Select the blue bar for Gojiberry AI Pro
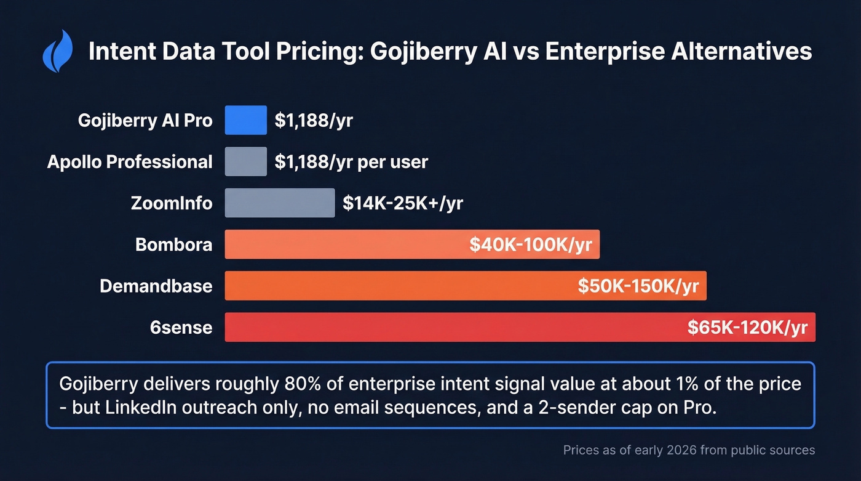tap(245, 120)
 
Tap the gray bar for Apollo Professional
tap(245, 161)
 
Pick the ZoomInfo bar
tap(280, 203)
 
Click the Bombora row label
tap(173, 245)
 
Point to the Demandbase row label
tap(156, 286)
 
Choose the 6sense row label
tap(181, 327)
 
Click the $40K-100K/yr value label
tap(530, 245)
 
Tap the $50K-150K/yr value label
tap(638, 286)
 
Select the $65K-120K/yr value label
tap(747, 327)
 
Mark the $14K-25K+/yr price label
tap(402, 203)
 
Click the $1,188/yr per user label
tap(351, 161)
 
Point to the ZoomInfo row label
tap(172, 203)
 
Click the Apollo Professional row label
tap(130, 161)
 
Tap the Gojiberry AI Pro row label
tap(145, 120)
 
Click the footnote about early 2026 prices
tap(689, 450)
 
